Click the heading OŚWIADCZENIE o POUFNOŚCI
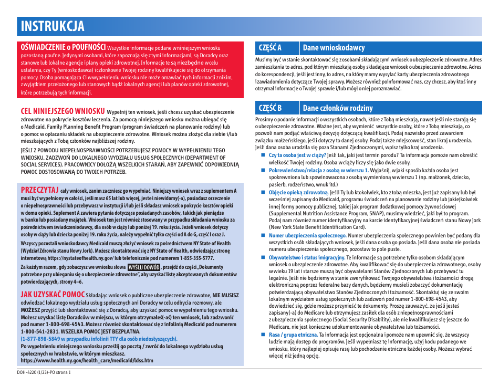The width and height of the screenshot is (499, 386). tap(63, 47)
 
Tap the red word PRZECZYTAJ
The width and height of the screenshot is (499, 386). tap(39, 190)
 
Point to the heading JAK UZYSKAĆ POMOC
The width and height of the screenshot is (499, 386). tap(53, 295)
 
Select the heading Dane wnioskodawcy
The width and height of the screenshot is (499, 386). tap(334, 48)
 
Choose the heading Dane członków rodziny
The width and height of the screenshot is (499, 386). tap(338, 108)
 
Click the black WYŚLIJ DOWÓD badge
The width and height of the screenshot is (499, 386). tap(144, 267)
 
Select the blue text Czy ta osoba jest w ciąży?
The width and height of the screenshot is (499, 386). tap(297, 155)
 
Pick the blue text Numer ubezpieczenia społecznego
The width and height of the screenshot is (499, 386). tap(307, 236)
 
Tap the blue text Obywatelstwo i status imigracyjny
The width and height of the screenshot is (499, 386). tap(307, 258)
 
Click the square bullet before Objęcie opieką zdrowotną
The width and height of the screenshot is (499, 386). tap(264, 193)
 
